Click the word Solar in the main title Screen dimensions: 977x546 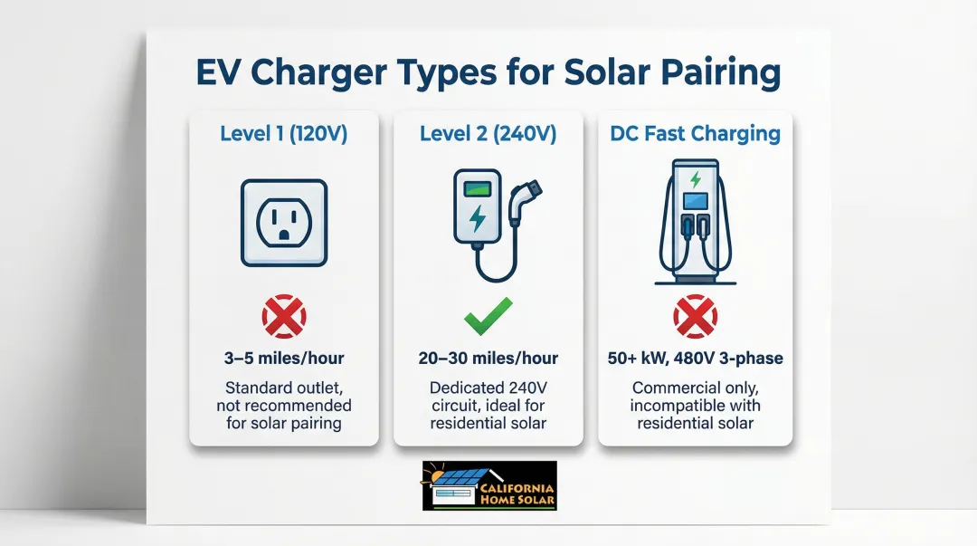[x=608, y=72]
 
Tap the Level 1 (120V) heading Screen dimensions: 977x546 [x=283, y=133]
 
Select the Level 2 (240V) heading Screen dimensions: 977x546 [x=488, y=133]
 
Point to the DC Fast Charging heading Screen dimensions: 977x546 [x=695, y=133]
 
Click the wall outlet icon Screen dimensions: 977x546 [x=284, y=223]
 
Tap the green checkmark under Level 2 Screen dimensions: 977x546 [x=488, y=316]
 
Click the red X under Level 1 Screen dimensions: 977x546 [x=284, y=316]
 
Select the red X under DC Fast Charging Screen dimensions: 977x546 [x=696, y=316]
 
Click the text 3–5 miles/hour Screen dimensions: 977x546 [x=284, y=359]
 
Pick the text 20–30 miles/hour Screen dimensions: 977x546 [x=488, y=359]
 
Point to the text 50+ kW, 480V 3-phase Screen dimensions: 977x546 [x=696, y=359]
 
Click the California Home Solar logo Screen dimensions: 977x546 [x=489, y=485]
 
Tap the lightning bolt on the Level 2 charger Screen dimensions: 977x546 [x=478, y=218]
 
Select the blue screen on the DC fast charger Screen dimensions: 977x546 [x=696, y=201]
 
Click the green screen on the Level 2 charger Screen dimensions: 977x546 [x=478, y=188]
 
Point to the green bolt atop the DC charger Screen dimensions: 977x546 [x=696, y=179]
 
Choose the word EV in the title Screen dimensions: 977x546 [x=218, y=72]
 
